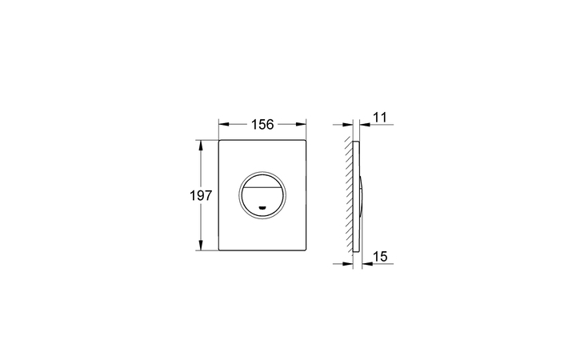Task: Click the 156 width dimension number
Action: (x=263, y=124)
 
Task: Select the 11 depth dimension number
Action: (x=380, y=117)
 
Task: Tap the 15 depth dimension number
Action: (x=380, y=257)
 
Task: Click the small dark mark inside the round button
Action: (x=263, y=210)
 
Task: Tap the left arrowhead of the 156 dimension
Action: (x=223, y=124)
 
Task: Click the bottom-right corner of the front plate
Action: (x=306, y=250)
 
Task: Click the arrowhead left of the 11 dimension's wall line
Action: (x=349, y=124)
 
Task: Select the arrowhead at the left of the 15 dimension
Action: (x=349, y=264)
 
